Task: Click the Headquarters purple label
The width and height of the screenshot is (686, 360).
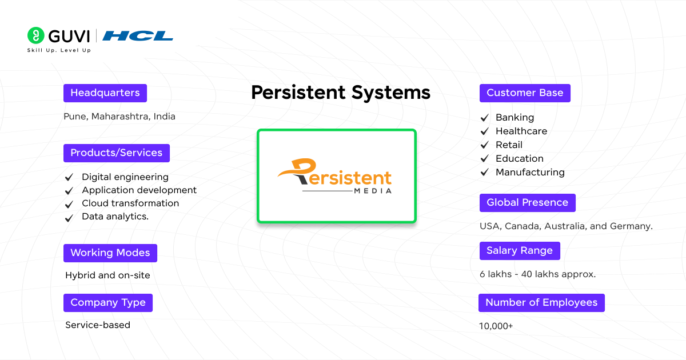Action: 105,93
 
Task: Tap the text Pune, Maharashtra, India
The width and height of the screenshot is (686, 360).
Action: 119,117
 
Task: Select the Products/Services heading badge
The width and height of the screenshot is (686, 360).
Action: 117,153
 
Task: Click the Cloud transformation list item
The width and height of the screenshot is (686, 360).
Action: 130,203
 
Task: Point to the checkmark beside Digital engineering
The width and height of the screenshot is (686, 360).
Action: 69,178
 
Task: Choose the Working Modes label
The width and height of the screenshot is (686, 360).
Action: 110,253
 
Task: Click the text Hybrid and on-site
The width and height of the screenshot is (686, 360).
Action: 107,275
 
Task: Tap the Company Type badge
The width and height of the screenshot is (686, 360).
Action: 108,303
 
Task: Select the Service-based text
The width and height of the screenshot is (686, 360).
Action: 98,325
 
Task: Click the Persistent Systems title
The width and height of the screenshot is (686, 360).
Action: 341,93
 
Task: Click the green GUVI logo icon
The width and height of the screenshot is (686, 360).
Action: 36,35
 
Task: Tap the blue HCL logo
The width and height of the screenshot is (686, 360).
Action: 138,36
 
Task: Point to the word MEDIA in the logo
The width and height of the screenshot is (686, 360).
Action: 373,191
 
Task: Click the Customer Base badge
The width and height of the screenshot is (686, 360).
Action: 525,93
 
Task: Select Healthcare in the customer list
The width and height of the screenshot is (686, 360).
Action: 521,131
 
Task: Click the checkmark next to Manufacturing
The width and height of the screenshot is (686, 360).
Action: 485,173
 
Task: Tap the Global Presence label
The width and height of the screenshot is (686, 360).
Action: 527,203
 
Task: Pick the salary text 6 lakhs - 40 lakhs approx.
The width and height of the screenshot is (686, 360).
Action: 537,274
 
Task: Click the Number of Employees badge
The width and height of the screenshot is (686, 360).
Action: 541,303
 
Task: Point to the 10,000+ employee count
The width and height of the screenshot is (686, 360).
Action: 496,326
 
